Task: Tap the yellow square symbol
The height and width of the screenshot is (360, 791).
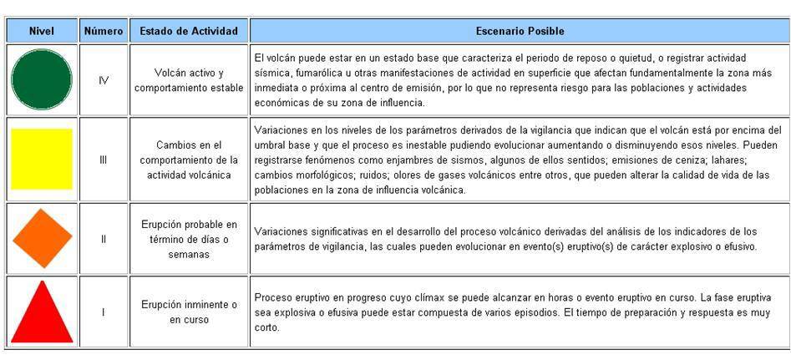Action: click(42, 159)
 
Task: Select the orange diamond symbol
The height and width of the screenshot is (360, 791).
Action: click(42, 238)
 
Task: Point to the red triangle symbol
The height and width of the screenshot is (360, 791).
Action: click(42, 312)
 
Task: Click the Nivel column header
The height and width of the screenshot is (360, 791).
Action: click(42, 31)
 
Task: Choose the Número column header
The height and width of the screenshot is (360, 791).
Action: click(104, 31)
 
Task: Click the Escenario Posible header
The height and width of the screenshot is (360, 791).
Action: click(520, 31)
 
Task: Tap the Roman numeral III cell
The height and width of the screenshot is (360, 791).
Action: click(104, 159)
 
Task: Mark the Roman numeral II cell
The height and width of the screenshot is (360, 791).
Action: click(104, 238)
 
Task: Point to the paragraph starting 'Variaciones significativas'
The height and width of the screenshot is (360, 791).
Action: click(505, 238)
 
